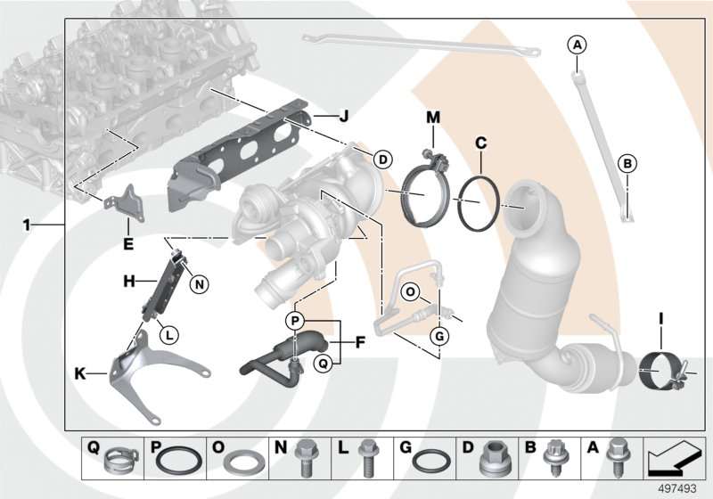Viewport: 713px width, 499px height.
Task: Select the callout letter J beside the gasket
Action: click(342, 116)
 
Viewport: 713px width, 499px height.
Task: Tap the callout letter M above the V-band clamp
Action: click(433, 118)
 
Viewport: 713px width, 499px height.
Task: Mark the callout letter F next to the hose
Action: click(360, 340)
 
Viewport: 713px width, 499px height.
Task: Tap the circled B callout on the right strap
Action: click(627, 163)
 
